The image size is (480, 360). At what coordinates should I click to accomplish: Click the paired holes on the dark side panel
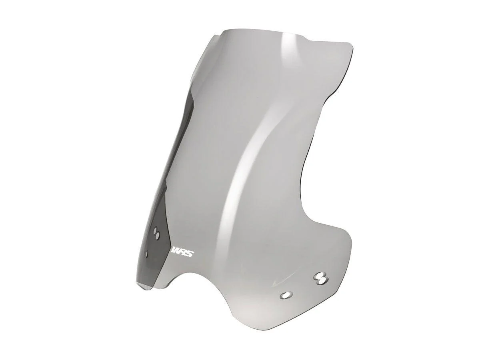[157, 233]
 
